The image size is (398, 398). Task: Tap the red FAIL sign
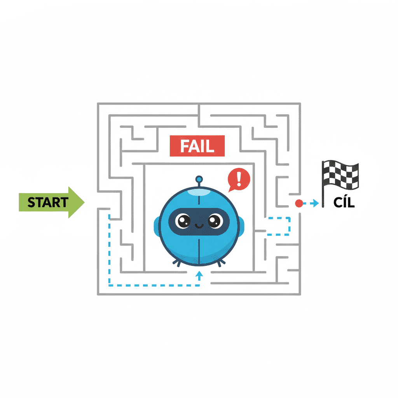pyautogui.click(x=197, y=146)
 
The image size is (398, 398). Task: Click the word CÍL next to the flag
pyautogui.click(x=344, y=202)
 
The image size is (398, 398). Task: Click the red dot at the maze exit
pyautogui.click(x=299, y=203)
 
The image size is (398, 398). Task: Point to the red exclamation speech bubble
pyautogui.click(x=239, y=180)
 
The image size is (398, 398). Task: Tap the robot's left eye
pyautogui.click(x=183, y=221)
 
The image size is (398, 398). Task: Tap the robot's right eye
pyautogui.click(x=215, y=221)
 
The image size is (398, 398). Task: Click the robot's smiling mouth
pyautogui.click(x=199, y=226)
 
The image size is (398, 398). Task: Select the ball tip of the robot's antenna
pyautogui.click(x=199, y=180)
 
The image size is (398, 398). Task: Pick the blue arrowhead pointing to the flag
pyautogui.click(x=316, y=203)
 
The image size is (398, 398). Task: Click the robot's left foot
pyautogui.click(x=177, y=263)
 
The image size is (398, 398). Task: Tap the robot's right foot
pyautogui.click(x=221, y=263)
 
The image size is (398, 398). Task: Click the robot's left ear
pyautogui.click(x=156, y=227)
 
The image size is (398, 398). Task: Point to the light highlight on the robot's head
pyautogui.click(x=199, y=192)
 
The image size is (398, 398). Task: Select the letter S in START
pyautogui.click(x=31, y=202)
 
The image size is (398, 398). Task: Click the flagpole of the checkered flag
pyautogui.click(x=323, y=184)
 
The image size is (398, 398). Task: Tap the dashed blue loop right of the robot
pyautogui.click(x=290, y=226)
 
